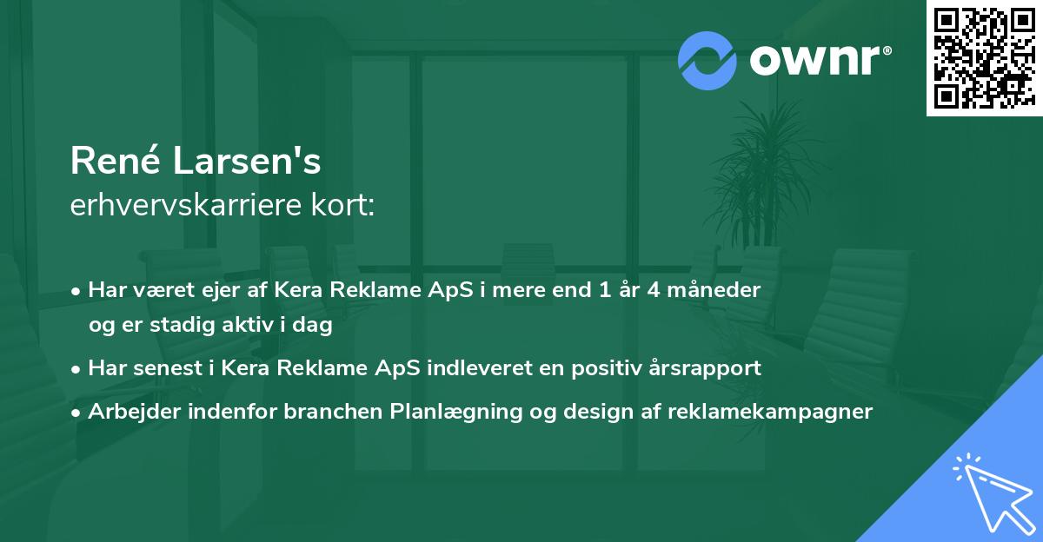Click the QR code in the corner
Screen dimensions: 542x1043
pos(984,57)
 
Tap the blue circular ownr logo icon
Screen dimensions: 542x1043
pos(707,60)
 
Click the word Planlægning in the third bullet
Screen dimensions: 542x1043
pos(457,412)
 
